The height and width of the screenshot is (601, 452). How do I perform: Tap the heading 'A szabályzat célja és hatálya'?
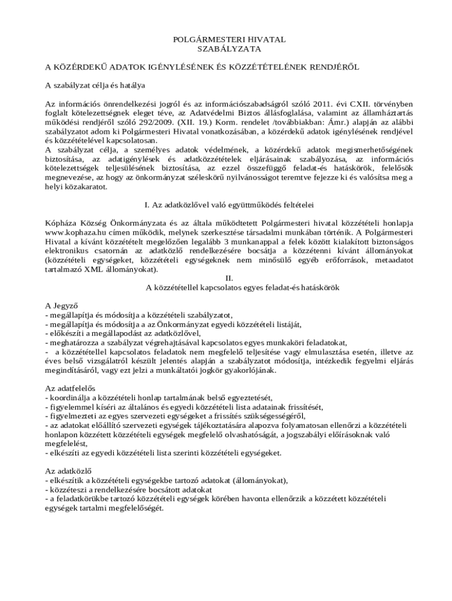tap(95, 85)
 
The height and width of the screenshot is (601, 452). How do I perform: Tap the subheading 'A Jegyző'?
tap(62, 305)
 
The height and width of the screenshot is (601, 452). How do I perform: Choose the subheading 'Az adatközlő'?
tap(68, 471)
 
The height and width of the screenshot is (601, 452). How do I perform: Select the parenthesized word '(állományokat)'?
tap(259, 480)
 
